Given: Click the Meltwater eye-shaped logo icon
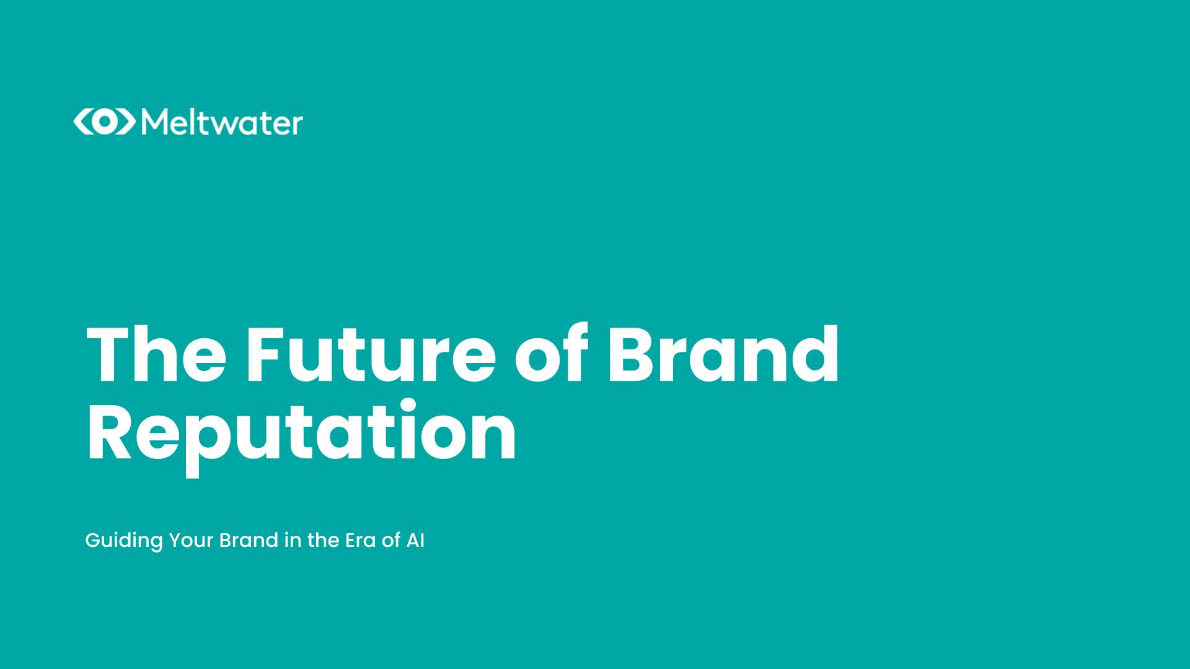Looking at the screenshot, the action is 104,122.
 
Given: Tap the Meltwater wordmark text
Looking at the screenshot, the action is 222,123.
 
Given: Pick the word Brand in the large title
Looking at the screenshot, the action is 723,354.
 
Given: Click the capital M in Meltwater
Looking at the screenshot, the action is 154,123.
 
